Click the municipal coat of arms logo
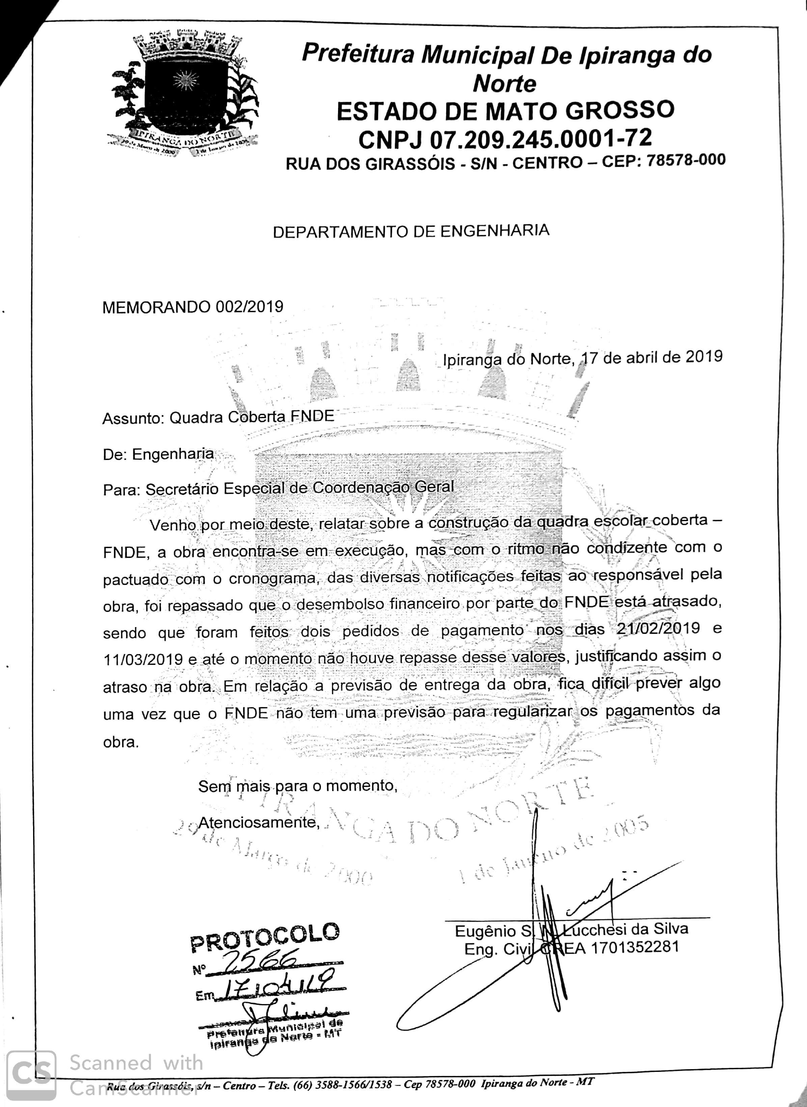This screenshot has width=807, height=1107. tap(184, 93)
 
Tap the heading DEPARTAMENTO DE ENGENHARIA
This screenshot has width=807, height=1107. tap(411, 231)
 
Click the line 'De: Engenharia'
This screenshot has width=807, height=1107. tap(158, 455)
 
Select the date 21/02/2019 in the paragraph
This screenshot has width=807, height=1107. tap(658, 628)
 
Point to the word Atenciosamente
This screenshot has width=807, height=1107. tap(258, 822)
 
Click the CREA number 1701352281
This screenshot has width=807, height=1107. tap(635, 948)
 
